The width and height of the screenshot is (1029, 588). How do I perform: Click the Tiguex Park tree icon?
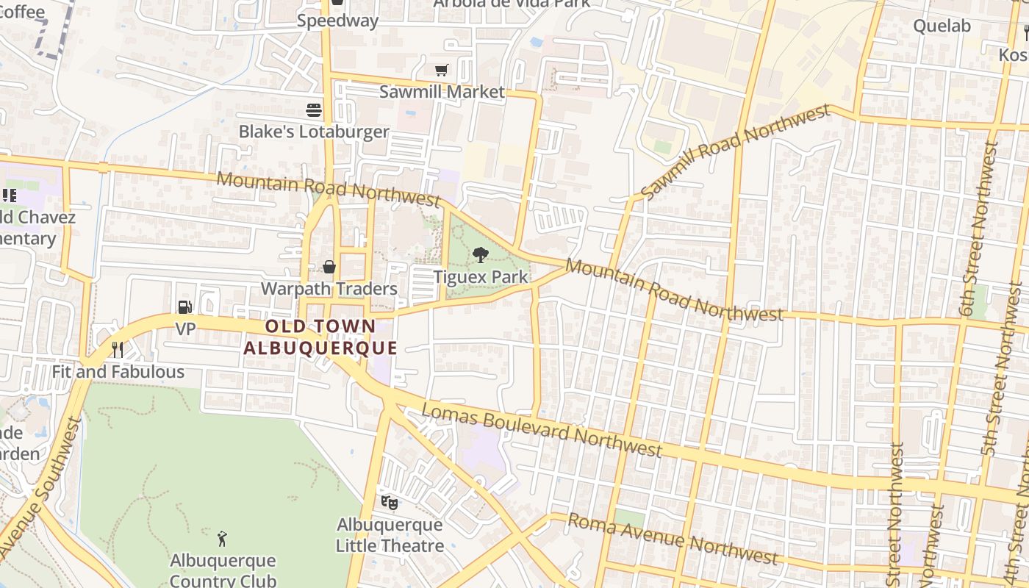[x=481, y=255]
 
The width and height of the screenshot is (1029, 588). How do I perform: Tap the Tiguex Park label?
[x=481, y=277]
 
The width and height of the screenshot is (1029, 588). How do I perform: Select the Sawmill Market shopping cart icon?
[x=441, y=71]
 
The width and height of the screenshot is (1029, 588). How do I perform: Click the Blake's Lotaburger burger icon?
[x=314, y=110]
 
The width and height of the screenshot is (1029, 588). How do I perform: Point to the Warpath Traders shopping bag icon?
[x=329, y=267]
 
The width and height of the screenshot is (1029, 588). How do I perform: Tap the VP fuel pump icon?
[x=184, y=307]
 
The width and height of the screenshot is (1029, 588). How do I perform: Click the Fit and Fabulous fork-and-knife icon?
[x=117, y=349]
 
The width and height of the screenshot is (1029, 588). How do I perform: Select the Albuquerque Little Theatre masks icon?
[x=389, y=503]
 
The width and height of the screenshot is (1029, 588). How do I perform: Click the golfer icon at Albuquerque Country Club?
[x=223, y=539]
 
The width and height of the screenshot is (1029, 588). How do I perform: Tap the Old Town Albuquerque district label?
[x=320, y=337]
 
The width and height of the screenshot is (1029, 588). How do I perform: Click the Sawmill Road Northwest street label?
[x=734, y=151]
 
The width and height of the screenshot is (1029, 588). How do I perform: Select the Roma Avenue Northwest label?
[x=673, y=539]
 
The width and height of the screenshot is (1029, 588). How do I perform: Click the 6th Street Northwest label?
[x=979, y=229]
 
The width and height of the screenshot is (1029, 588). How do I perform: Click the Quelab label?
[x=942, y=26]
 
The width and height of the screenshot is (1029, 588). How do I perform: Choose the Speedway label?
[x=337, y=21]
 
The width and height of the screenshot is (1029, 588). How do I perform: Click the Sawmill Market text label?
[x=442, y=92]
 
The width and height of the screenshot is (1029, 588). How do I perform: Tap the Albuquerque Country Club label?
[x=223, y=570]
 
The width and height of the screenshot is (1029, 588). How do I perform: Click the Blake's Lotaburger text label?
[x=314, y=132]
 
